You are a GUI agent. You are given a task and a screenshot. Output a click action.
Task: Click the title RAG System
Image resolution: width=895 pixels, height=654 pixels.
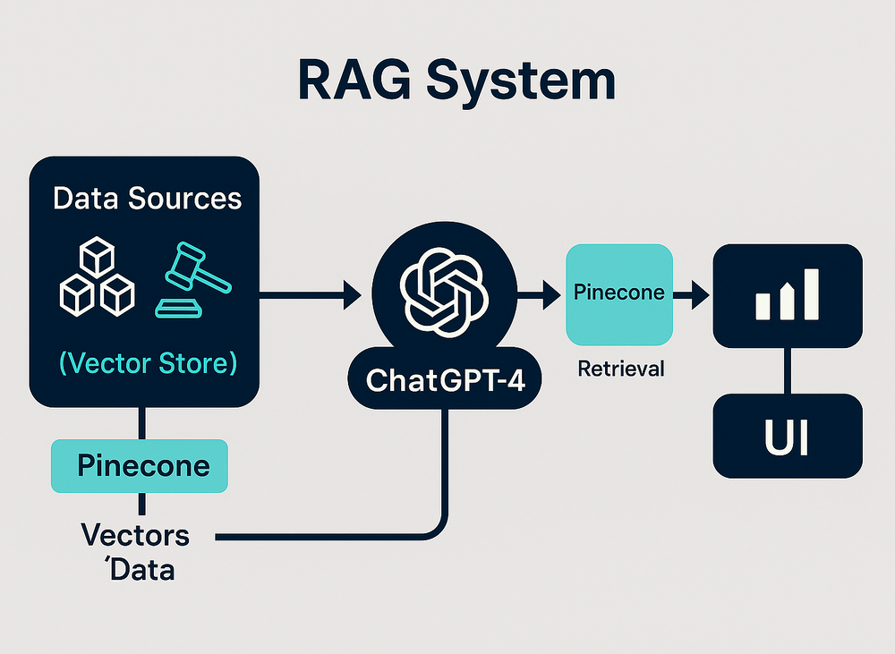[456, 81]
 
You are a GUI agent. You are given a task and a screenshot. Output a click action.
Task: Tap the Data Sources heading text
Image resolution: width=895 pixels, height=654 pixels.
[148, 199]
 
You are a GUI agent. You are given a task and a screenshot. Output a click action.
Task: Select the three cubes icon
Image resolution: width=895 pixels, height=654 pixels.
[97, 276]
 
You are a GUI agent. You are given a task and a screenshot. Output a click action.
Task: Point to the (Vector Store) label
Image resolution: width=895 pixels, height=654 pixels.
[148, 363]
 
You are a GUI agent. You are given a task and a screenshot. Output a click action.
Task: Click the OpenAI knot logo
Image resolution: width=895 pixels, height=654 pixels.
[444, 293]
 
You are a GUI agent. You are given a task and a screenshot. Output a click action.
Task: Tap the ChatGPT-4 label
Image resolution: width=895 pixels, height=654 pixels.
[445, 380]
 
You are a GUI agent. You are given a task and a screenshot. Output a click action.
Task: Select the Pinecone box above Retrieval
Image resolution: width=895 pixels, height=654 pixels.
[619, 294]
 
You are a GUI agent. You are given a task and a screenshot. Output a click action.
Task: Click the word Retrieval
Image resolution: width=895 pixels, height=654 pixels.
[621, 369]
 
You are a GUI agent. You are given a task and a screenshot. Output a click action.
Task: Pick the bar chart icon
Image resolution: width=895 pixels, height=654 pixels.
[787, 294]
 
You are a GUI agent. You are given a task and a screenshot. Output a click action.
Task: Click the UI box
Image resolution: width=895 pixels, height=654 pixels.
[788, 436]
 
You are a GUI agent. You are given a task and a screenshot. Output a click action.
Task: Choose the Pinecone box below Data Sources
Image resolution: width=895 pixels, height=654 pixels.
[140, 466]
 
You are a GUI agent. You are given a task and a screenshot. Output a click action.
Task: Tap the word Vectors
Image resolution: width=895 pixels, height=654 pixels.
[135, 535]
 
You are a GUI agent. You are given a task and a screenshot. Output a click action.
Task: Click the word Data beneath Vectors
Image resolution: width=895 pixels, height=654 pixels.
[141, 570]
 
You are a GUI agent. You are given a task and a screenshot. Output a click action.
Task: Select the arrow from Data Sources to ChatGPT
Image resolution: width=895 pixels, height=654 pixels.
[311, 294]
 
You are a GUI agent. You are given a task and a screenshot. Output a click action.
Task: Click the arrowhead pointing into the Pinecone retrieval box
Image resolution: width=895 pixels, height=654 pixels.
[551, 294]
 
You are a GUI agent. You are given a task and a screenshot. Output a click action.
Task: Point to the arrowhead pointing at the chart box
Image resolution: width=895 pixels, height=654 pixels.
[701, 294]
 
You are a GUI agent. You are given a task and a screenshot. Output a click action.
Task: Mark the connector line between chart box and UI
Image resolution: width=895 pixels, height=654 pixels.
[788, 371]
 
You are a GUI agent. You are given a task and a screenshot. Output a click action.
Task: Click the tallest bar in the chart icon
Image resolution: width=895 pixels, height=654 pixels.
[811, 294]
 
